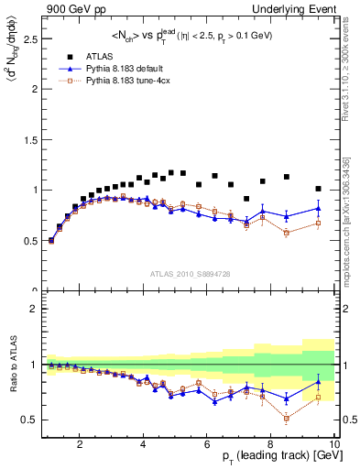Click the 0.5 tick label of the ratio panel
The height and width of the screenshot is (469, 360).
pyautogui.click(x=28, y=420)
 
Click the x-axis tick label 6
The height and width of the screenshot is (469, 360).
pyautogui.click(x=207, y=445)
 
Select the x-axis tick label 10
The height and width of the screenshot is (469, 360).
pyautogui.click(x=333, y=445)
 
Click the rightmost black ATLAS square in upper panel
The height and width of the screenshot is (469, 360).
pyautogui.click(x=318, y=189)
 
